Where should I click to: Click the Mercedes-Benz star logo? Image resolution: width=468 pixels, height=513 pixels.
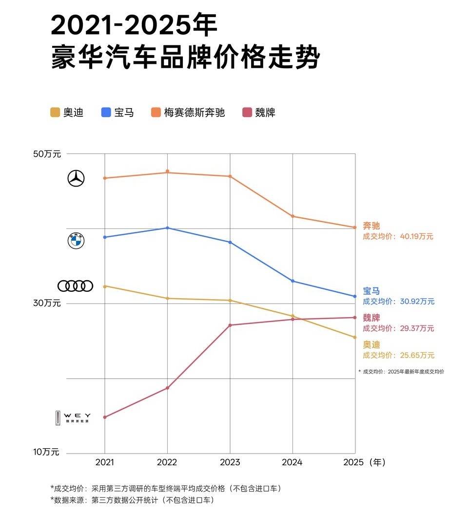click(x=76, y=179)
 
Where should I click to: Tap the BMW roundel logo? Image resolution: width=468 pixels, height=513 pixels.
click(x=76, y=241)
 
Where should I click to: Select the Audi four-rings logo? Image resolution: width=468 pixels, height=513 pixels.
click(x=75, y=286)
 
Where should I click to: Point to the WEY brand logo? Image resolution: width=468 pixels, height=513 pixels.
click(x=73, y=418)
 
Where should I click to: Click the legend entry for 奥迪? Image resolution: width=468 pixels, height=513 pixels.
click(x=67, y=113)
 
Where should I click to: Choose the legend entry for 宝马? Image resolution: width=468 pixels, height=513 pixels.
click(x=117, y=113)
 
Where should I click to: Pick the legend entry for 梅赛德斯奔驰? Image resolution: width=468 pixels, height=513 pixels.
click(x=188, y=113)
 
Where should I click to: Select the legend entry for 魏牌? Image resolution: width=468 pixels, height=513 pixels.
click(x=259, y=113)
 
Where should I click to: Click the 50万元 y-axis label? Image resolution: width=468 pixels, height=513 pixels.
click(x=47, y=154)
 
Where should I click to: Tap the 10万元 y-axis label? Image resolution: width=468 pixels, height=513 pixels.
click(x=46, y=452)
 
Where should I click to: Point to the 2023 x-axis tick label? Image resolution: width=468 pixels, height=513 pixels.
click(x=230, y=462)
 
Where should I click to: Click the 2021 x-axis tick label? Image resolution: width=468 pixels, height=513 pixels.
click(x=104, y=462)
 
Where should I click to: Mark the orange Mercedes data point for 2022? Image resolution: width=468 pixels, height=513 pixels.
click(x=167, y=171)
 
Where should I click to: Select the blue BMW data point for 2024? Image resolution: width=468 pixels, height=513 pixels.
click(x=292, y=281)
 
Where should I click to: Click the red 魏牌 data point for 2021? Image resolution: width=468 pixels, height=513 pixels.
click(x=104, y=417)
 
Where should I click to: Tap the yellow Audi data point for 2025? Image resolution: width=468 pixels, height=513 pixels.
click(x=355, y=337)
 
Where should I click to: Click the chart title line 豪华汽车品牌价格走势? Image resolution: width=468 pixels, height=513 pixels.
click(x=185, y=58)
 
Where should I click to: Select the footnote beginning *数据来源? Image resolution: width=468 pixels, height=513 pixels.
click(x=132, y=500)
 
